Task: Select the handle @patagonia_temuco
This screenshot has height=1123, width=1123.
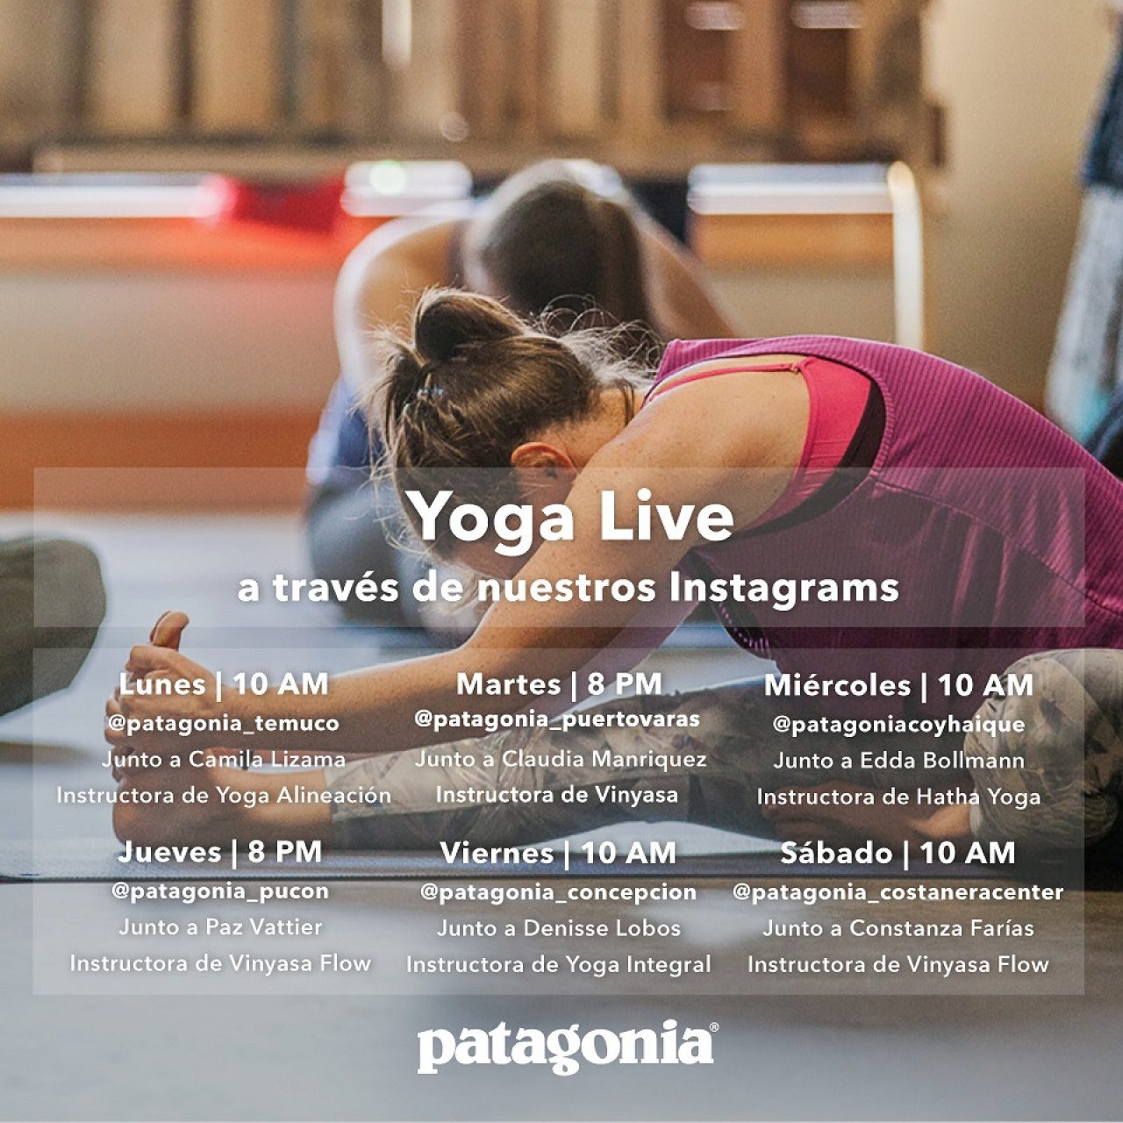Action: click(223, 724)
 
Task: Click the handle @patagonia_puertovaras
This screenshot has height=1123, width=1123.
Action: click(557, 719)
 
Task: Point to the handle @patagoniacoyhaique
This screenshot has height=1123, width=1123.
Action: click(898, 726)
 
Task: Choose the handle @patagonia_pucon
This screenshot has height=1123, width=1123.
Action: click(220, 891)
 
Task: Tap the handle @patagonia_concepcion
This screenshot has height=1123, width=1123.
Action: click(558, 893)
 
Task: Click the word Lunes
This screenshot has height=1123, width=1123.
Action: click(162, 684)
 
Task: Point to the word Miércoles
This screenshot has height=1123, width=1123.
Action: click(838, 685)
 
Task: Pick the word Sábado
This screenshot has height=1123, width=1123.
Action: click(836, 854)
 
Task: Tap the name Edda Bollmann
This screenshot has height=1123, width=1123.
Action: click(941, 762)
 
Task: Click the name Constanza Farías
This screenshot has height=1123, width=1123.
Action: click(941, 928)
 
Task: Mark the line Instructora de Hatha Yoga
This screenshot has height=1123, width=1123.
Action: click(898, 798)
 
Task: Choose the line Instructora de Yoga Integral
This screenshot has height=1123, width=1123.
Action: click(558, 965)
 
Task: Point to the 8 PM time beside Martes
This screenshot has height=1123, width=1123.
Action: click(624, 684)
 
